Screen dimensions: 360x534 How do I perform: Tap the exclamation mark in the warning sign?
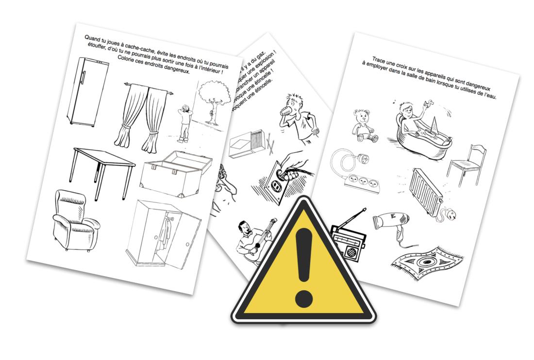(303, 262)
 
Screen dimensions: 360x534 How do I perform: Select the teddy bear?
(365, 125)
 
